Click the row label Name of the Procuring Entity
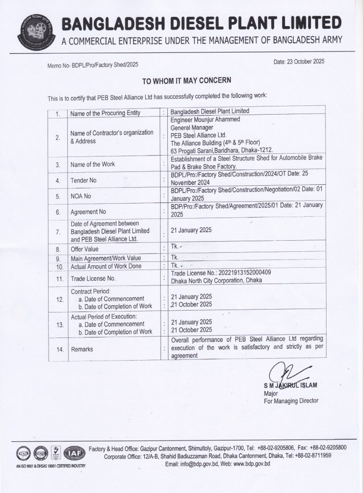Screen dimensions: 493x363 [x=105, y=113]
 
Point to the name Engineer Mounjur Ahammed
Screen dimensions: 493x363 [x=205, y=120]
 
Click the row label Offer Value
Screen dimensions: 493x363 [x=84, y=249]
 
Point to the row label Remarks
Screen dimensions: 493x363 [x=82, y=349]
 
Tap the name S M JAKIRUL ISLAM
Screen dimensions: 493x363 [x=290, y=386]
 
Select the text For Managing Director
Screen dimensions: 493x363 [x=291, y=401]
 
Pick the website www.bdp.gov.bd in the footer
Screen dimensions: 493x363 [x=252, y=464]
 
